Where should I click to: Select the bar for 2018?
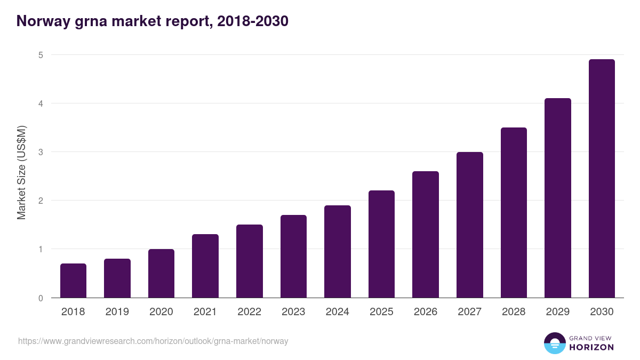(73, 281)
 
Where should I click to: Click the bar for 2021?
(205, 266)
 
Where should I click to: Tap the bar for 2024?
(338, 252)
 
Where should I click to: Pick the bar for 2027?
(470, 225)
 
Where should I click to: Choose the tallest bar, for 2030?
(602, 179)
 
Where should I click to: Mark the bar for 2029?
(558, 198)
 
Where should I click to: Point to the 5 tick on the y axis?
(41, 55)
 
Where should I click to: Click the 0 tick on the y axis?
(41, 298)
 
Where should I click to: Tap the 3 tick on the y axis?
(41, 152)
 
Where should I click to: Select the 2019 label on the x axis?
(117, 312)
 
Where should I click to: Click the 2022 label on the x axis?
(249, 312)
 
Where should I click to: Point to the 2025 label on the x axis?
(381, 312)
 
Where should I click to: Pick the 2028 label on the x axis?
(514, 312)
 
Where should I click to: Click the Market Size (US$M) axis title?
(21, 173)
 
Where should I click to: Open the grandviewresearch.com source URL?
(153, 341)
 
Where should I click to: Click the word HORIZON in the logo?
(591, 347)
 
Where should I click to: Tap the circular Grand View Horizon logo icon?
(555, 343)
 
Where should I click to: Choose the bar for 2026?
(426, 235)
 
